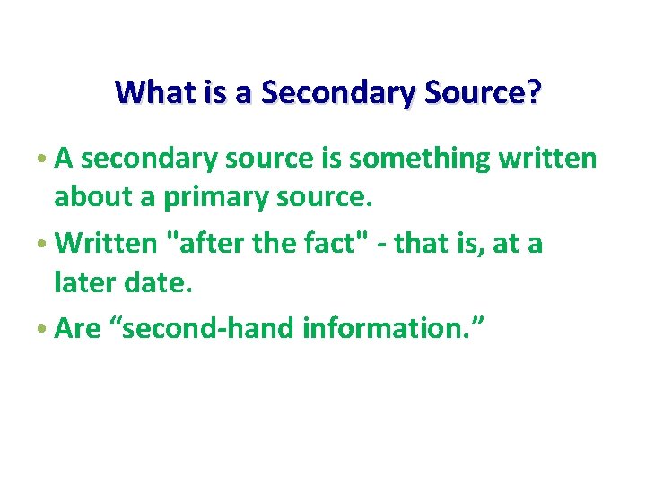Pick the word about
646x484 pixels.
point(92,197)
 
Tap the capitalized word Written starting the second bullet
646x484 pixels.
point(109,243)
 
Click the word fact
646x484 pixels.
point(312,243)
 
